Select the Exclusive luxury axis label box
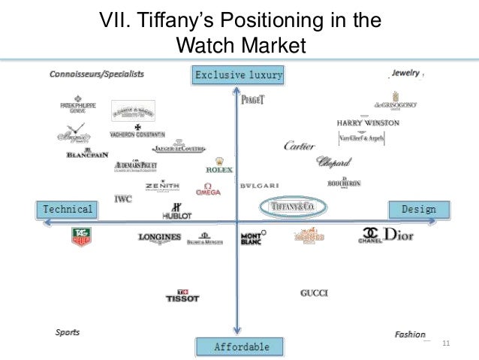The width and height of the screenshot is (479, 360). [238, 74]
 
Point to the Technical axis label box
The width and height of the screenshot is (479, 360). [68, 209]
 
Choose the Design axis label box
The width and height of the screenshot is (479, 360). [418, 209]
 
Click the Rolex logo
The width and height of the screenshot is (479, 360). [219, 166]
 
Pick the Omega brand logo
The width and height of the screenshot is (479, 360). [208, 189]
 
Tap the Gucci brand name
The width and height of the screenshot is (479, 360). [314, 293]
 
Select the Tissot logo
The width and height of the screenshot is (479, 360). [182, 296]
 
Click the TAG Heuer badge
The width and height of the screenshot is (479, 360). [80, 237]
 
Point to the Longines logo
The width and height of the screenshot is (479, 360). [160, 237]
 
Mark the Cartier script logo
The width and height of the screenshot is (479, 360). [299, 147]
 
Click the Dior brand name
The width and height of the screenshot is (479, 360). [398, 235]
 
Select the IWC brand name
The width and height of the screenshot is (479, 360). [123, 199]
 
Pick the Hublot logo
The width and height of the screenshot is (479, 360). [177, 210]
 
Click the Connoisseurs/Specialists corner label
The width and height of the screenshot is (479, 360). [97, 74]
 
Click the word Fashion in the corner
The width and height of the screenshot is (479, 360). [410, 334]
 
